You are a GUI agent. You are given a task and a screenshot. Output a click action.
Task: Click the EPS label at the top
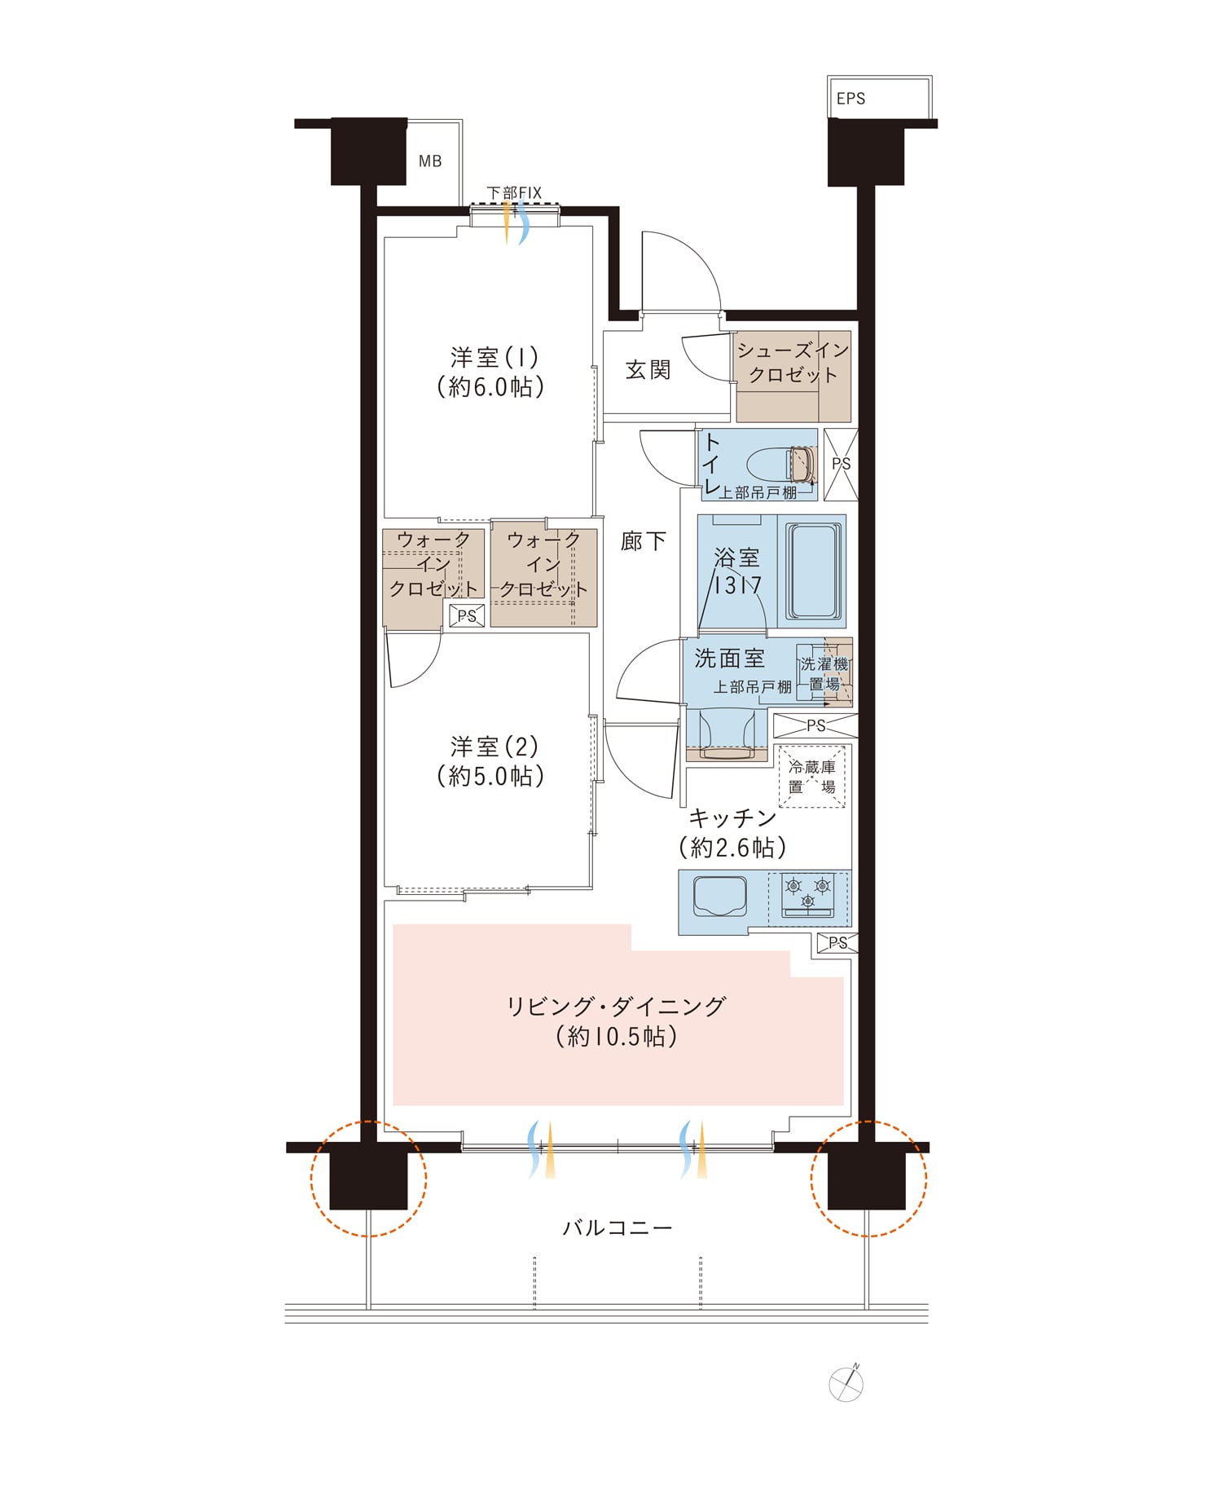click(x=851, y=99)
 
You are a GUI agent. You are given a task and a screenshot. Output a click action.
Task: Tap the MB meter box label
click(x=430, y=161)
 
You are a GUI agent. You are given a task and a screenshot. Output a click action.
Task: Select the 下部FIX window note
click(x=514, y=193)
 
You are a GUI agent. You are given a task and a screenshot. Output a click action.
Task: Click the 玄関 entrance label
click(x=648, y=370)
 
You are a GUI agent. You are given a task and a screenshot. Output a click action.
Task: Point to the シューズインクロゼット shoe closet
click(x=793, y=377)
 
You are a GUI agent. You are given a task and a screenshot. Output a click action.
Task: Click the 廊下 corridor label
click(x=643, y=541)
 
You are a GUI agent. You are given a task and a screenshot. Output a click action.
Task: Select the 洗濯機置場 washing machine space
click(x=824, y=674)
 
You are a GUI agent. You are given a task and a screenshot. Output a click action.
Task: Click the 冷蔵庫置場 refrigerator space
click(x=811, y=777)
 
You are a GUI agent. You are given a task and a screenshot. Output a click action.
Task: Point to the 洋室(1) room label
click(x=494, y=372)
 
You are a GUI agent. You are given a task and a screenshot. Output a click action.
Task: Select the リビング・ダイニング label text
click(x=615, y=1007)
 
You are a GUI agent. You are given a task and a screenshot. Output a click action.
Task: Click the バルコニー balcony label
click(x=618, y=1228)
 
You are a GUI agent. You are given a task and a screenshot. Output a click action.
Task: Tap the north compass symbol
click(x=846, y=1383)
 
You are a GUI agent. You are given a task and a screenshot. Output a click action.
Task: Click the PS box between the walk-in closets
click(x=467, y=616)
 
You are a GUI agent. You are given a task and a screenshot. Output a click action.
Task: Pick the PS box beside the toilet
click(x=841, y=465)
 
